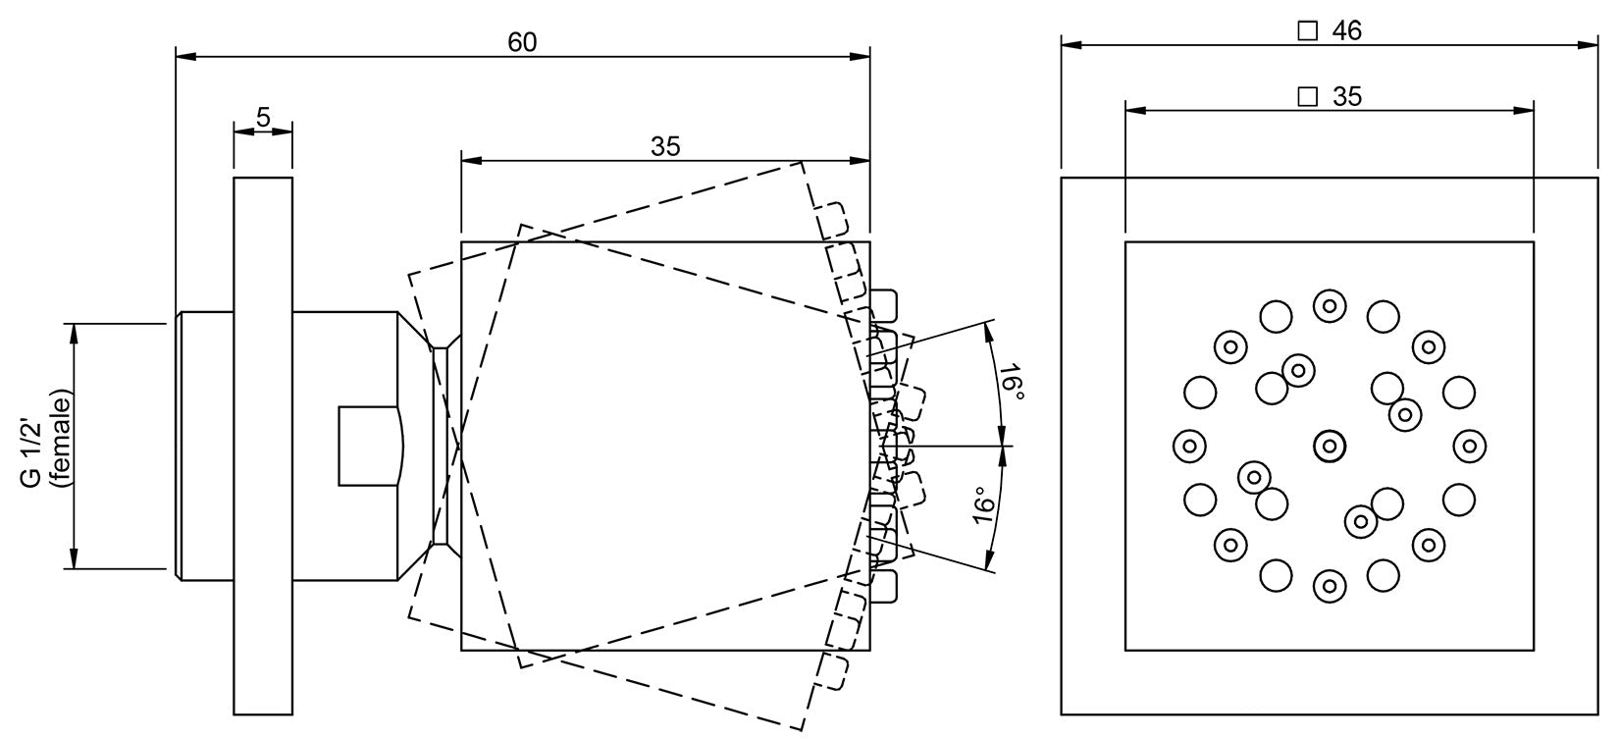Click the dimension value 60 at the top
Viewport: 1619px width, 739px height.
522,42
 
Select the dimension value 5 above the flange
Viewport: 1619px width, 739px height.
263,117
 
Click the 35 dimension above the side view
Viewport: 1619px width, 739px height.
665,146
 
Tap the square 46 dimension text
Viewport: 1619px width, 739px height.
1346,30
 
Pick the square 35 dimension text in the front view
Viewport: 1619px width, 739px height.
1346,96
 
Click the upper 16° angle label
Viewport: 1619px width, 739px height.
1013,383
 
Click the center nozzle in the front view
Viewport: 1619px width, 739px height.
1329,446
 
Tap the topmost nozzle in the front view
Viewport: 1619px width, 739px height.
1329,305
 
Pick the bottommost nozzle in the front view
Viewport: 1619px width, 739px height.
1329,586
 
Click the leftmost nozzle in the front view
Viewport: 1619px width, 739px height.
1189,446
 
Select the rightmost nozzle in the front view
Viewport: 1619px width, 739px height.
1469,446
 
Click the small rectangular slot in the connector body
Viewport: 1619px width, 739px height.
370,446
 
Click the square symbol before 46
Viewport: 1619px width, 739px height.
1307,30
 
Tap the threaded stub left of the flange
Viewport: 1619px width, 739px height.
204,446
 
